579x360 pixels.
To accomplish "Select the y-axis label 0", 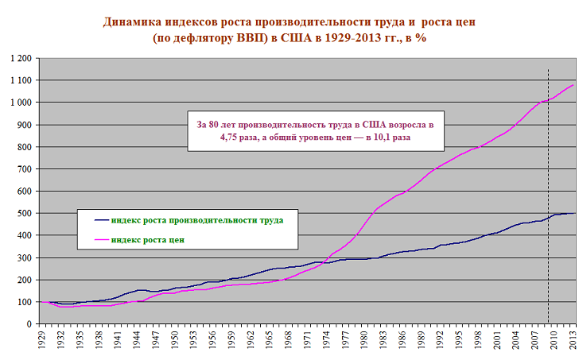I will [x=29, y=324].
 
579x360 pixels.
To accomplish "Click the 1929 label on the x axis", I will [x=40, y=341].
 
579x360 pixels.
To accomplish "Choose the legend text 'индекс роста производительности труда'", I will [x=197, y=219].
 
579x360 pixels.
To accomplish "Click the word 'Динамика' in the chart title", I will [x=133, y=21].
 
